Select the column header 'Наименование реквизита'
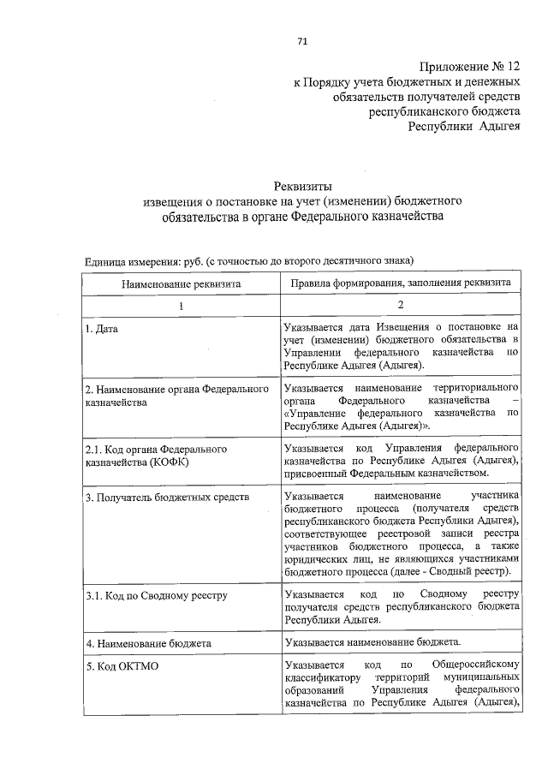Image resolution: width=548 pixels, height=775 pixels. (181, 282)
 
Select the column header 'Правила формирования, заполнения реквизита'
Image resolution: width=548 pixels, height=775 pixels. (401, 282)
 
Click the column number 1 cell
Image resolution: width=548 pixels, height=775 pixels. (181, 305)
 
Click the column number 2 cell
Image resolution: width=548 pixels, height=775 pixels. (401, 305)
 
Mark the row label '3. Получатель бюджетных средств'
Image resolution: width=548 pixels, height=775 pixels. (166, 497)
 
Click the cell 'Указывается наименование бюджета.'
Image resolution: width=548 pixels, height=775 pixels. (373, 641)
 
